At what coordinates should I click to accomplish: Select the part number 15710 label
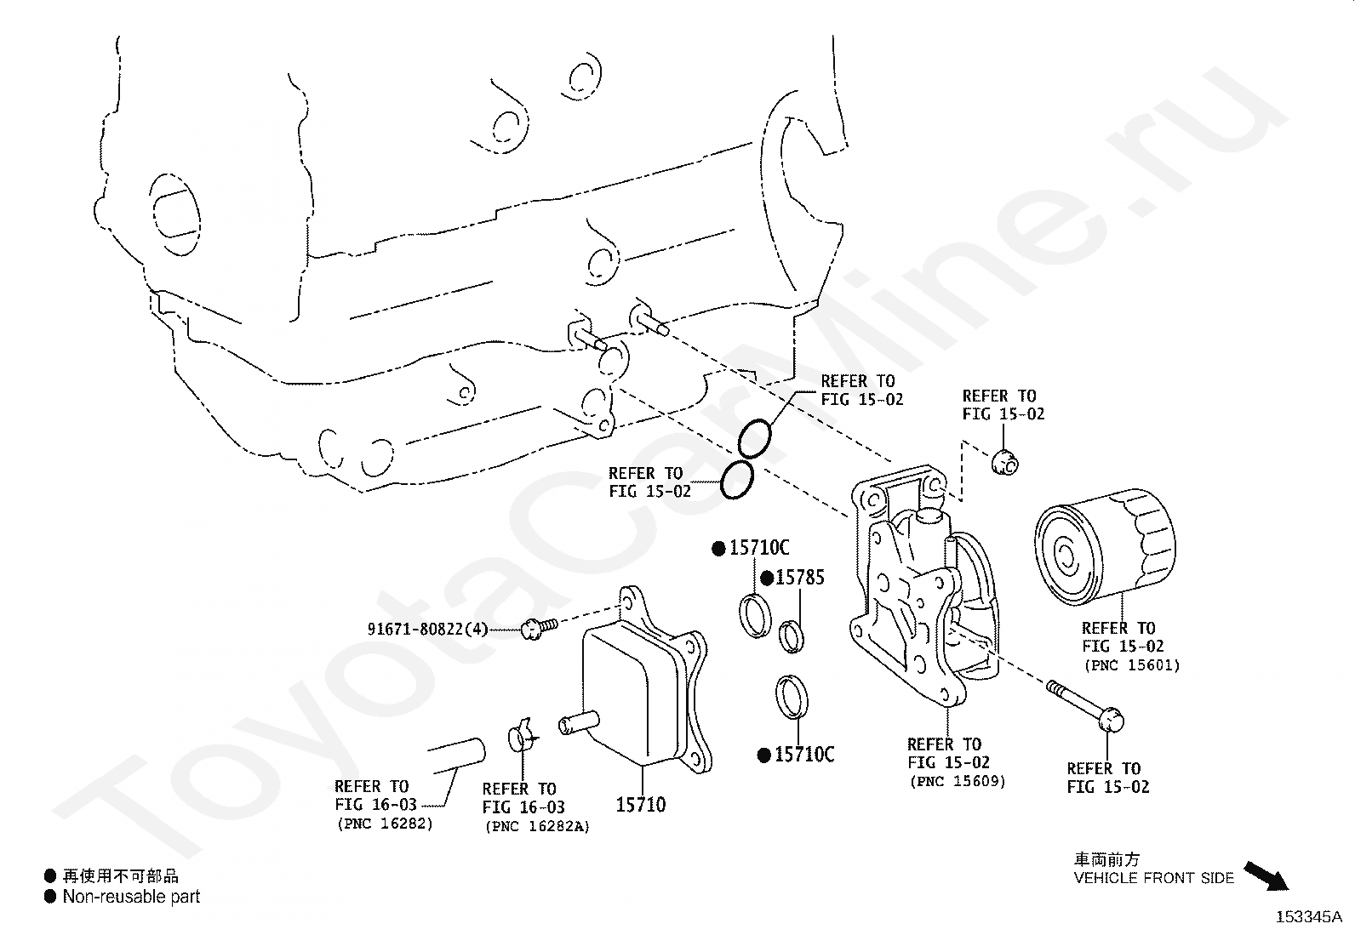(640, 804)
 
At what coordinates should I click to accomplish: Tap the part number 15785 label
(799, 578)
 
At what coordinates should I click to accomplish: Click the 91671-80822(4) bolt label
(427, 630)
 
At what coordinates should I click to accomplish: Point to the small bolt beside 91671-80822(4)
(537, 627)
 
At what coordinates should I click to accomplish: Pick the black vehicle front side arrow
(1266, 875)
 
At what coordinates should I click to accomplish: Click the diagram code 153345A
(1308, 917)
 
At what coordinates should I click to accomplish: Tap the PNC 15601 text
(1131, 665)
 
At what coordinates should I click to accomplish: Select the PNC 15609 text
(957, 781)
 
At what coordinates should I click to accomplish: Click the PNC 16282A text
(536, 826)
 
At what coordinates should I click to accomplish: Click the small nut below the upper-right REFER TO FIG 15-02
(1006, 462)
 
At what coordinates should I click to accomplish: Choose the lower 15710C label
(803, 755)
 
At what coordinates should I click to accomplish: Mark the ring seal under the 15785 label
(792, 636)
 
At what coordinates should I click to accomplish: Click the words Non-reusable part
(131, 896)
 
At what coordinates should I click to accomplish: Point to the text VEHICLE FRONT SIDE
(1153, 878)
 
